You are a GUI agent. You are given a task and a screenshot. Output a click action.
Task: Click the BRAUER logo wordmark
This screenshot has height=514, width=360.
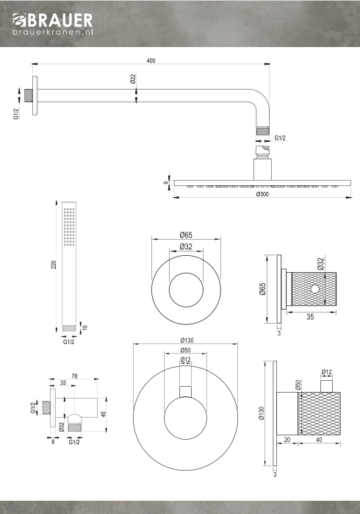(x=52, y=21)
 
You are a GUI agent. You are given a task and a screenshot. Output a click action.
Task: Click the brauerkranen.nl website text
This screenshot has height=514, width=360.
(x=53, y=32)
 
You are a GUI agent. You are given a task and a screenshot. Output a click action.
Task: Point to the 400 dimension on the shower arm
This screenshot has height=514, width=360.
(x=151, y=60)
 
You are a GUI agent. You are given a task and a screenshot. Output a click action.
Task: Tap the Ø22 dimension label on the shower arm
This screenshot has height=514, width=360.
(x=133, y=79)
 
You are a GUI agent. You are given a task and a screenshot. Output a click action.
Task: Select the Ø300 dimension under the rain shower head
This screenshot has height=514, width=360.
(x=262, y=194)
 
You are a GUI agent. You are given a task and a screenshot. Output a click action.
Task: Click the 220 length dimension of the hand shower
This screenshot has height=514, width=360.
(x=54, y=265)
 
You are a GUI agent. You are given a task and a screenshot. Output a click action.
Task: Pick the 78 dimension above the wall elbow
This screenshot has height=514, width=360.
(x=75, y=376)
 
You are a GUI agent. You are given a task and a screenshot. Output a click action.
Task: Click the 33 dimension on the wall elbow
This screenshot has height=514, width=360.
(x=63, y=382)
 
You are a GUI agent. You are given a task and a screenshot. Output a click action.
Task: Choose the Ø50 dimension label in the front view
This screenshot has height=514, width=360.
(x=185, y=350)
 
